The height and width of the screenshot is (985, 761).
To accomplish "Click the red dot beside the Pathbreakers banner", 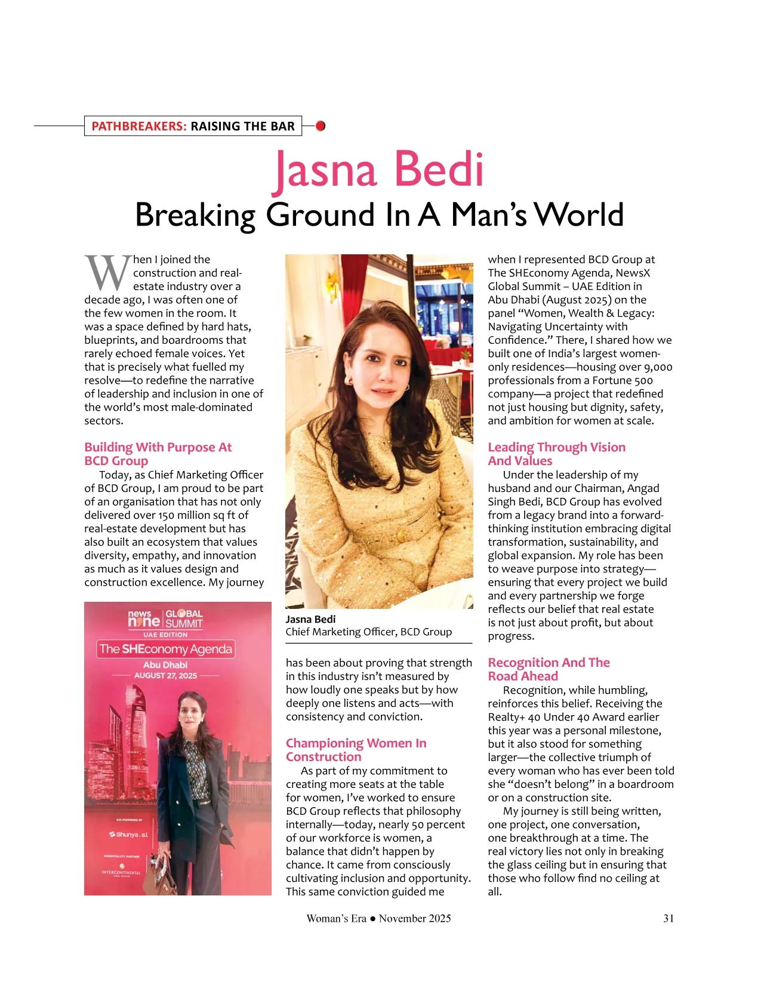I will pos(321,126).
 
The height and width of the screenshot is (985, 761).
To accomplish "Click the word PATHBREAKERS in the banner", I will pos(139,126).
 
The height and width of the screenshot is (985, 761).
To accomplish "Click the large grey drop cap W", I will pos(107,273).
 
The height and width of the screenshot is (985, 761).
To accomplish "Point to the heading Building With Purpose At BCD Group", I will pos(158,454).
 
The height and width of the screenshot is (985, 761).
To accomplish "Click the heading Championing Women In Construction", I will pos(356,750).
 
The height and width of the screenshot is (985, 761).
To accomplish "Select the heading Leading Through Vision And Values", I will pos(556,454).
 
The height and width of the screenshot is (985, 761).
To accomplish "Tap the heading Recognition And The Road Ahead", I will pos(549,669).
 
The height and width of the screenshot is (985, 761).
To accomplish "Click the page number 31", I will pos(668,918).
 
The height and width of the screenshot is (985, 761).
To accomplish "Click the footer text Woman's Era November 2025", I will pos(378,918).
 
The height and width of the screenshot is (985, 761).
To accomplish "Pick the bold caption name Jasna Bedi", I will pos(310,619).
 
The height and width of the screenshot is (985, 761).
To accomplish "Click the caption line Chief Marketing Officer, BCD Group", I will pos(368,632).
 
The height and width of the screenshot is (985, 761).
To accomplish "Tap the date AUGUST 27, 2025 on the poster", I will pos(165,675).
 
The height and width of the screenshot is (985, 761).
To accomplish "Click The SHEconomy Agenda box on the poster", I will pos(165,649).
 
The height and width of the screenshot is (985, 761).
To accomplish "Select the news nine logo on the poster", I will pos(144,618).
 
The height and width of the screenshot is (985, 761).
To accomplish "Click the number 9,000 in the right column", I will pos(658,367).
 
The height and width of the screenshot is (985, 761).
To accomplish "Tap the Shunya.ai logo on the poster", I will pos(129,835).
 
